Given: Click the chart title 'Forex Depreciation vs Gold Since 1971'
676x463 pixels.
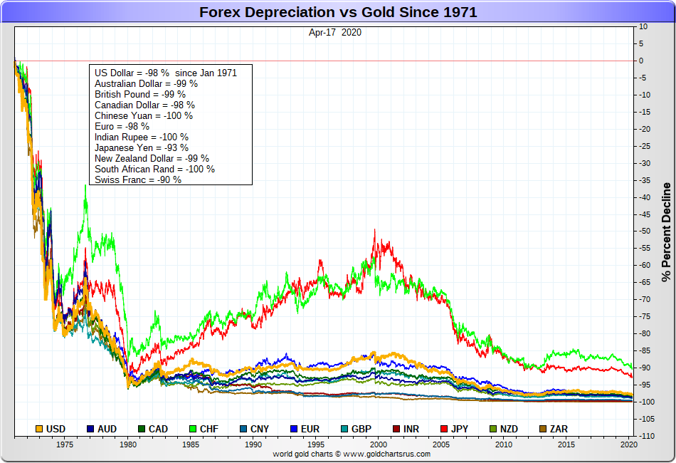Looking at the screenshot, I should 338,12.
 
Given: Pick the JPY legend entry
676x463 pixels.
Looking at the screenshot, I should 453,429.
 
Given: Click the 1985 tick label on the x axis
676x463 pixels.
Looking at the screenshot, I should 191,444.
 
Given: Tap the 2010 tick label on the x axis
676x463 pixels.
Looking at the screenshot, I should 504,444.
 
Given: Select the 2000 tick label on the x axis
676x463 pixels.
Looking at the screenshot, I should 379,444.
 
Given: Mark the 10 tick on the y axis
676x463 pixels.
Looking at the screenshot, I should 643,26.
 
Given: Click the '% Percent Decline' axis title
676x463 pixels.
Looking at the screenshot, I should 666,231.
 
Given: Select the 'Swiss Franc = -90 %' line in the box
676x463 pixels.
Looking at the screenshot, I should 138,180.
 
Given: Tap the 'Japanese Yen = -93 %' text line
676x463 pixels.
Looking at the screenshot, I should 142,147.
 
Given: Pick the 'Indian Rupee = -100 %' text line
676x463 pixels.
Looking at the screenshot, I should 142,137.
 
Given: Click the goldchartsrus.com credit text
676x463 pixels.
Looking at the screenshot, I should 352,454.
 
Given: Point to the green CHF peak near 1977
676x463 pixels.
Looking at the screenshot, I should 85,187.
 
